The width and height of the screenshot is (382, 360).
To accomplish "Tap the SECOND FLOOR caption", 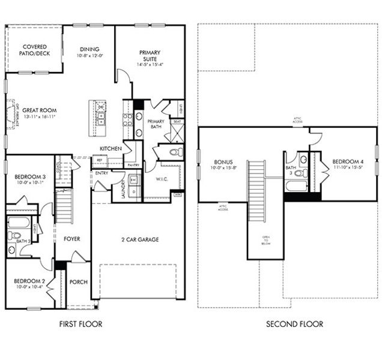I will coord(294,324).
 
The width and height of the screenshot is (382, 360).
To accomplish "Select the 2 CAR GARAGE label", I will coord(138,239).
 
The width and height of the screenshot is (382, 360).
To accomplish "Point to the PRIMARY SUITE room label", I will coord(149,55).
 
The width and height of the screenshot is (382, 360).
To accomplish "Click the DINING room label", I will coord(89,49).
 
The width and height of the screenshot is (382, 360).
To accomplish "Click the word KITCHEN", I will coord(111,148).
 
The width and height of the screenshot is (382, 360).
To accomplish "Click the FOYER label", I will coord(72,239).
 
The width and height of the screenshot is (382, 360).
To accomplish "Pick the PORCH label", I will coord(79,282).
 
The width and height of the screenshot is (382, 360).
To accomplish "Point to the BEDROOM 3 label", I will coord(29,176).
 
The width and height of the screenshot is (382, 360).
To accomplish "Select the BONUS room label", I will coord(222,162).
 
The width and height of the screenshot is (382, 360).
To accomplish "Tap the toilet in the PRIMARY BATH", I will coord(174,151).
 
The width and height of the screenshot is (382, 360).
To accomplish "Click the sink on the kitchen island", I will coord(101,114).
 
